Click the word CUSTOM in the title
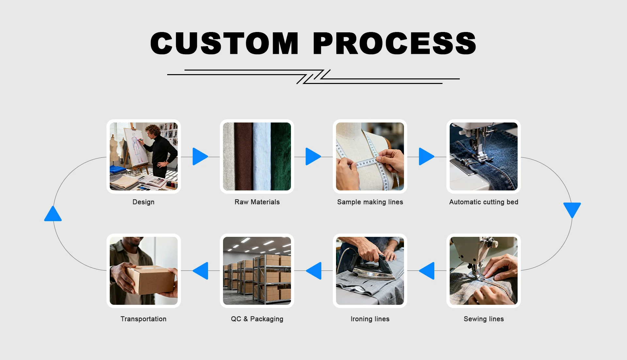pyautogui.click(x=224, y=43)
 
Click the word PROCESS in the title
pyautogui.click(x=394, y=43)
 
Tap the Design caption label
pyautogui.click(x=143, y=202)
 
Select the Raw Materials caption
pyautogui.click(x=257, y=202)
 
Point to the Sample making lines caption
pyautogui.click(x=370, y=202)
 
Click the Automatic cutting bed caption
pyautogui.click(x=484, y=202)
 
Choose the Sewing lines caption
pyautogui.click(x=484, y=319)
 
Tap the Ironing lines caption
pyautogui.click(x=370, y=319)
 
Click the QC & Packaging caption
pyautogui.click(x=257, y=319)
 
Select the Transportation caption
pyautogui.click(x=143, y=319)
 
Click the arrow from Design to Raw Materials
pyautogui.click(x=200, y=156)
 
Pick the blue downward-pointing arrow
pyautogui.click(x=572, y=209)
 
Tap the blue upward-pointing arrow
pyautogui.click(x=53, y=215)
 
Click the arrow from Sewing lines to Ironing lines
pyautogui.click(x=427, y=270)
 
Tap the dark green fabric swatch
pyautogui.click(x=281, y=156)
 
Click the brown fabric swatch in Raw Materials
pyautogui.click(x=243, y=156)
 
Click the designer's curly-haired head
pyautogui.click(x=153, y=131)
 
